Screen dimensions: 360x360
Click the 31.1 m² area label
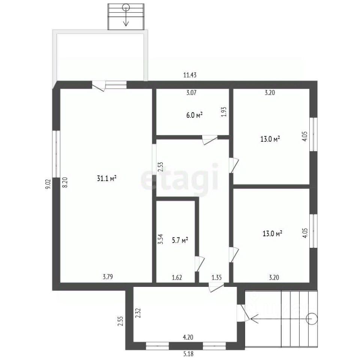pos(107,178)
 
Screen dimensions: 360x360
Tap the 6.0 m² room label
pos(194,115)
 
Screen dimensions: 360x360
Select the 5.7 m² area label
pos(180,240)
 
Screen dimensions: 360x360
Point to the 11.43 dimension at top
pos(190,75)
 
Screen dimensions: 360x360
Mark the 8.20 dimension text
pos(65,183)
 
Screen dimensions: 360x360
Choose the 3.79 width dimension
pos(108,277)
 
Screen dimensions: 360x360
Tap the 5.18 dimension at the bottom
pos(188,354)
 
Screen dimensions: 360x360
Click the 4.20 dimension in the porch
pos(188,337)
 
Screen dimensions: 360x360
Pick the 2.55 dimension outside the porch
pos(120,321)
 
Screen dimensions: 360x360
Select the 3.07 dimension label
pos(191,93)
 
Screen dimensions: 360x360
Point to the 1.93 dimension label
pos(224,112)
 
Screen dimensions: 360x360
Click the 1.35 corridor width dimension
pos(216,277)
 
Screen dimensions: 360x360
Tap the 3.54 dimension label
pos(161,239)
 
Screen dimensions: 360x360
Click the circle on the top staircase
pos(126,8)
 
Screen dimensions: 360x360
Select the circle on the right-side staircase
pos(312,319)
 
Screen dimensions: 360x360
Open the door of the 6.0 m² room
pos(210,140)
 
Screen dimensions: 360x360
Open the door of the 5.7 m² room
pos(199,264)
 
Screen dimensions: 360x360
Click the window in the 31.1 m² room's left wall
pos(56,154)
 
